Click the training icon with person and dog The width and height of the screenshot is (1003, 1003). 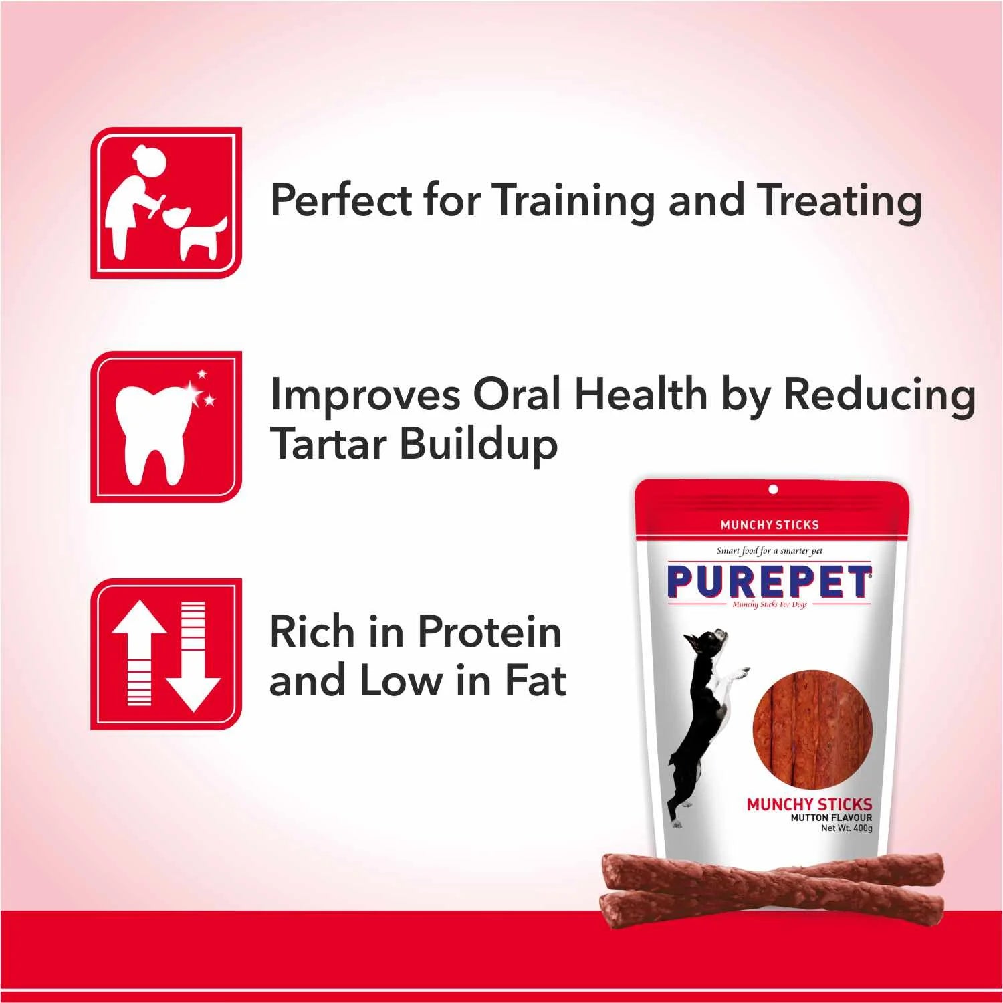166,203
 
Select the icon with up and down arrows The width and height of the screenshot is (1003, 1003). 166,654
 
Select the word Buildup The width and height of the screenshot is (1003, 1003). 479,445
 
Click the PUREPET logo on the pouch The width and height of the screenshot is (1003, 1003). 770,582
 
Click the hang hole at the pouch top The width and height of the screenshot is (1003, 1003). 773,490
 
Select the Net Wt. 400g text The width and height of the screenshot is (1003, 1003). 847,828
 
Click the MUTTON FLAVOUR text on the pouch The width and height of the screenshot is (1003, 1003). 831,817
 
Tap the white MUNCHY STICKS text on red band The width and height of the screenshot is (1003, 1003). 769,525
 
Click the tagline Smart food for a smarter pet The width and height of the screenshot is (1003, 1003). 769,551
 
